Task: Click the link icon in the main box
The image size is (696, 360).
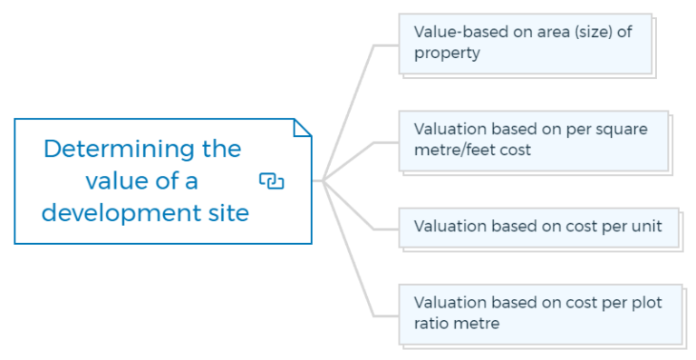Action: [x=271, y=181]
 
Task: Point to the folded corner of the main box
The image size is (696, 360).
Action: [x=302, y=127]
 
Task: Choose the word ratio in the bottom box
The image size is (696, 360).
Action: [x=433, y=323]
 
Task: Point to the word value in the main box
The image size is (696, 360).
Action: [x=115, y=181]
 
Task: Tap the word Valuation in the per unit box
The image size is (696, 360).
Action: [x=449, y=226]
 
